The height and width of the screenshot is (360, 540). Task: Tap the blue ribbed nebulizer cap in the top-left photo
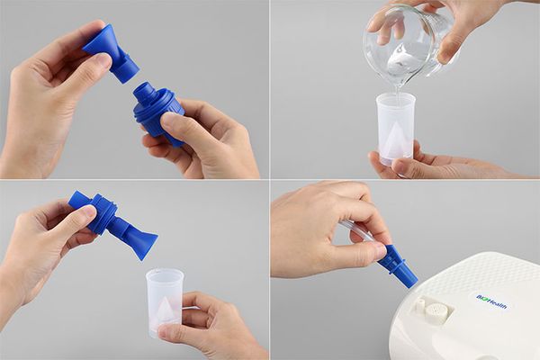pos(160,113)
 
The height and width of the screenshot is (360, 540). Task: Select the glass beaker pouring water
pos(405,45)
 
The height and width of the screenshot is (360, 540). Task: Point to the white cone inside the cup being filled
pos(395,139)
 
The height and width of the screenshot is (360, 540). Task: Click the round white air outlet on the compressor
pos(438,314)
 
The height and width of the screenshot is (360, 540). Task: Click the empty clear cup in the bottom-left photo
pos(166,302)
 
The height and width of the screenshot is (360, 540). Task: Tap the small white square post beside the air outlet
pos(418,306)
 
